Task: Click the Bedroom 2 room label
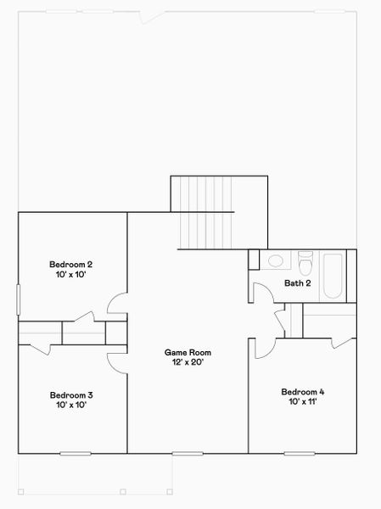click(x=71, y=265)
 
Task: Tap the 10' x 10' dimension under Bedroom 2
click(x=71, y=275)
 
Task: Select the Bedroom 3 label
click(x=71, y=395)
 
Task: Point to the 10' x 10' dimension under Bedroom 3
click(x=71, y=406)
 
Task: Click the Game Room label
click(x=188, y=352)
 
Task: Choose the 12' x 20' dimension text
click(x=188, y=362)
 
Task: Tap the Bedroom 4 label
click(x=303, y=392)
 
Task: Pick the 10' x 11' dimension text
click(x=303, y=402)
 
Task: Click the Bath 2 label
click(x=297, y=283)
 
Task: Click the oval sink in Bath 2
click(x=276, y=261)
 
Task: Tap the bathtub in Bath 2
click(x=332, y=274)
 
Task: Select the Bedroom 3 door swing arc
click(x=118, y=361)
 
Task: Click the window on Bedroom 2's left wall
click(x=19, y=300)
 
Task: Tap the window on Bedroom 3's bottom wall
click(x=75, y=453)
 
